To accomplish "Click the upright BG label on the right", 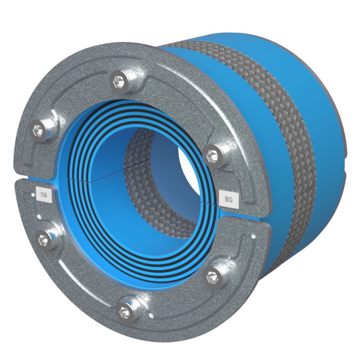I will pyautogui.click(x=228, y=199).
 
